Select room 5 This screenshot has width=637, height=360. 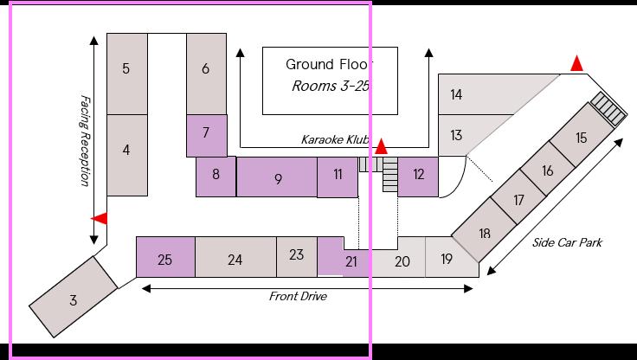[126, 69]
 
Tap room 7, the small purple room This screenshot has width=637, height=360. [206, 132]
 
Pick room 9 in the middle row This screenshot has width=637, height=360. [278, 178]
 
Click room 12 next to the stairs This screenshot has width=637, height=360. [419, 175]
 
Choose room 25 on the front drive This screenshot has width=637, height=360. [165, 258]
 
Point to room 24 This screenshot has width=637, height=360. [235, 258]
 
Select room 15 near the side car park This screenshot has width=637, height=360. [581, 137]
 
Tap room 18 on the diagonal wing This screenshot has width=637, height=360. [484, 232]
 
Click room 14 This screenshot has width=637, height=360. [456, 93]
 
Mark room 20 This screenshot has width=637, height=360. [402, 260]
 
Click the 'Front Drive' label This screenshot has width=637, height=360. [298, 296]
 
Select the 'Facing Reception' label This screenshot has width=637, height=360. [85, 140]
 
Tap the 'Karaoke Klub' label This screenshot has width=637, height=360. [334, 139]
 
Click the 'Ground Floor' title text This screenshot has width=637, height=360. [329, 65]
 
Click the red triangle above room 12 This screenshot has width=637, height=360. [381, 147]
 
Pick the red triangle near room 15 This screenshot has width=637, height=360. [576, 63]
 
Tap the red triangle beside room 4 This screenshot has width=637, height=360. [100, 219]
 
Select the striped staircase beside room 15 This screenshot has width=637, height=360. [609, 109]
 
